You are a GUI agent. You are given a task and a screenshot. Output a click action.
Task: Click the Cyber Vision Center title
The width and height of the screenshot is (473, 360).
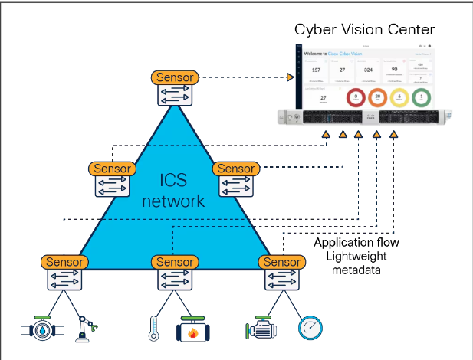click(364, 30)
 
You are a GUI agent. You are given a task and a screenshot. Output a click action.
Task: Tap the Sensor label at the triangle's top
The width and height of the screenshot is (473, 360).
click(175, 77)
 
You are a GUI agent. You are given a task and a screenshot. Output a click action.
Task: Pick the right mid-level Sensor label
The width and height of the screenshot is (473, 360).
click(236, 169)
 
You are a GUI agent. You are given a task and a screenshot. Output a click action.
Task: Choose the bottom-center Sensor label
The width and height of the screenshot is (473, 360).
click(175, 262)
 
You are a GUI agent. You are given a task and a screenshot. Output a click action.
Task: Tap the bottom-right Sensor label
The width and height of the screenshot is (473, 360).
click(281, 262)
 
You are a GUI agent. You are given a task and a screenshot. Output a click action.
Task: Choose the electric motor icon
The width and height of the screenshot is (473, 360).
click(261, 330)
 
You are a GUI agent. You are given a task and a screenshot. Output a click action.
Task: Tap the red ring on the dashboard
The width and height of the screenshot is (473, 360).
click(355, 97)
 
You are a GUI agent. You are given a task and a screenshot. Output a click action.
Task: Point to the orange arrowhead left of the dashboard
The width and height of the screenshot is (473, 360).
click(291, 77)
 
